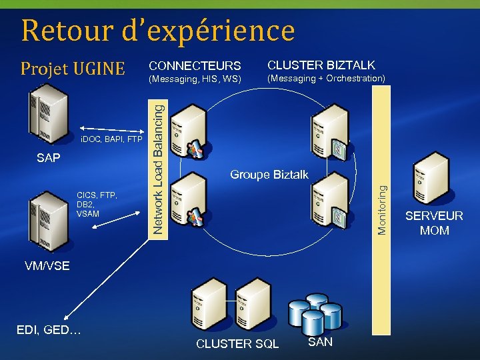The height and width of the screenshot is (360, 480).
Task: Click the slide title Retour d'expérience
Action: pos(157,30)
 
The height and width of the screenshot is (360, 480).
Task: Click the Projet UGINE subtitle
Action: pos(73,68)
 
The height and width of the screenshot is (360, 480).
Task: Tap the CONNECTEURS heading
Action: pos(195,66)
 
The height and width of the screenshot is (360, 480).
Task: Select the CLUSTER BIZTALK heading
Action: pos(321,65)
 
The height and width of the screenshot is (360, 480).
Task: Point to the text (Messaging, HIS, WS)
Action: pos(195,79)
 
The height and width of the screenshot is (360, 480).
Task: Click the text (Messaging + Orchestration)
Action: pos(326,79)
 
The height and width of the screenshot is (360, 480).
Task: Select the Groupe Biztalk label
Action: pos(269,175)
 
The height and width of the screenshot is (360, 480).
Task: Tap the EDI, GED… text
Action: pos(48,329)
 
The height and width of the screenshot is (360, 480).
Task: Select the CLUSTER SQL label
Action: pos(237,344)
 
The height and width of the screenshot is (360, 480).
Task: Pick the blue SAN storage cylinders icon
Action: pos(314,313)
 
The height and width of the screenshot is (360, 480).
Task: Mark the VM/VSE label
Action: pos(47,266)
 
